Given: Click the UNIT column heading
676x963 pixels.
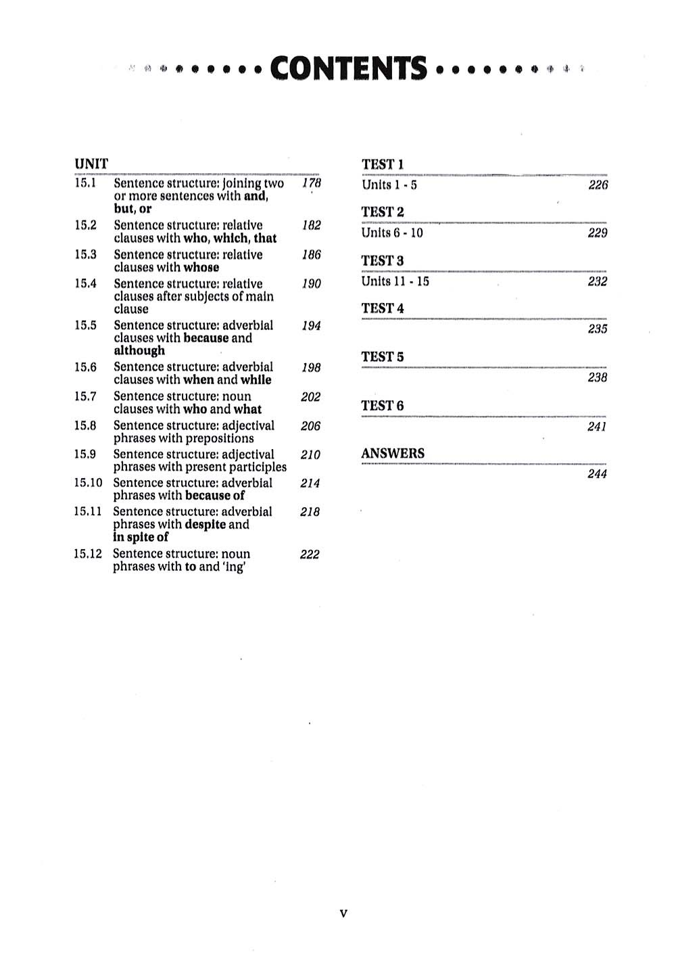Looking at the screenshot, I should click(91, 164).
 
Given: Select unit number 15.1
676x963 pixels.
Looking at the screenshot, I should click(85, 183).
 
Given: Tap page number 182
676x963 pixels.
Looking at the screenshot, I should click(311, 226).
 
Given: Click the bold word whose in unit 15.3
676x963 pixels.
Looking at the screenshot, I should click(201, 267).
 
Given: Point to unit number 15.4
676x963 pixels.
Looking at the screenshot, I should click(85, 283).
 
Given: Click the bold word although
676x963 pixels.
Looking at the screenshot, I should click(139, 351).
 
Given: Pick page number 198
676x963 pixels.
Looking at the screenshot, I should click(311, 368).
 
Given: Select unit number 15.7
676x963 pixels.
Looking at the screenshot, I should click(85, 396).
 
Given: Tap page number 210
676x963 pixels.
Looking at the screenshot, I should click(310, 455).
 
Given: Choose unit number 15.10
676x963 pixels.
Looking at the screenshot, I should click(88, 483).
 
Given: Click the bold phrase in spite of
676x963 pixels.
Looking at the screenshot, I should click(141, 538).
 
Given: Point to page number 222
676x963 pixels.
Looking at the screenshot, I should click(310, 555).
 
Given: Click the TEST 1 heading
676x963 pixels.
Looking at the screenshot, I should click(383, 164).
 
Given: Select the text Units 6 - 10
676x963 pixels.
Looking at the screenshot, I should click(392, 233).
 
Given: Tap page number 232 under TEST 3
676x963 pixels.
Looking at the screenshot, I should click(598, 281).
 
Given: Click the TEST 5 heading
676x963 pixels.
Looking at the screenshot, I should click(383, 357).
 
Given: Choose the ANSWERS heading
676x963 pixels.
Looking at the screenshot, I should click(393, 454).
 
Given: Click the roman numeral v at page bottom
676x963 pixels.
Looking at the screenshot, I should click(343, 914).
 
